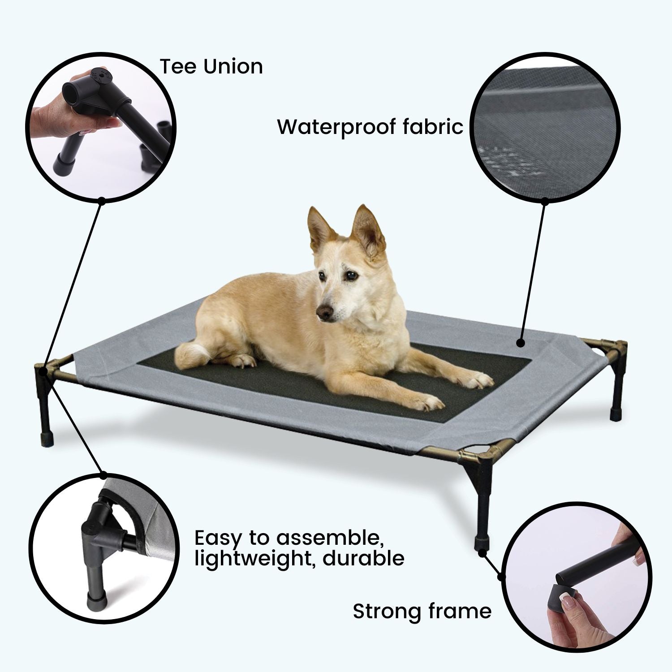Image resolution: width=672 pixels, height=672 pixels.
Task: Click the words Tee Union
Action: pyautogui.click(x=211, y=67)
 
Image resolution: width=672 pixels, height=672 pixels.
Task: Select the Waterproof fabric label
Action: pyautogui.click(x=370, y=127)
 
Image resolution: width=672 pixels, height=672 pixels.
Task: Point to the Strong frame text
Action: pyautogui.click(x=422, y=611)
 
